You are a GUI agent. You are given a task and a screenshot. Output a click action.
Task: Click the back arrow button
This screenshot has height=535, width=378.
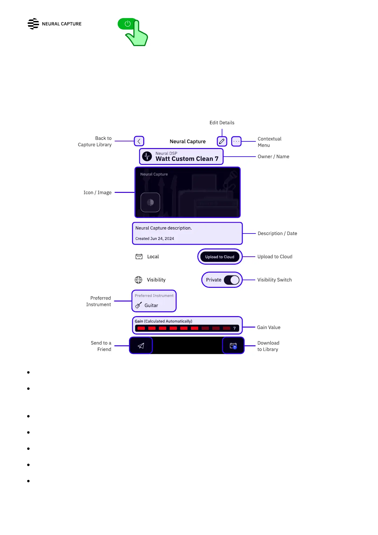(x=139, y=141)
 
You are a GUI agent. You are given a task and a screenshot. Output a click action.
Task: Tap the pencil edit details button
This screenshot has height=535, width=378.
(x=222, y=141)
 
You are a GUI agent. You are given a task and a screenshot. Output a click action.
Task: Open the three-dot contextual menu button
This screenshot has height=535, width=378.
(x=236, y=141)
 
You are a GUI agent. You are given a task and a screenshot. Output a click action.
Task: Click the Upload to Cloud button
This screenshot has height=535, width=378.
(x=220, y=257)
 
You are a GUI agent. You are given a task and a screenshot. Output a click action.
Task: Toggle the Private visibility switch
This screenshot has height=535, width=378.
(x=232, y=280)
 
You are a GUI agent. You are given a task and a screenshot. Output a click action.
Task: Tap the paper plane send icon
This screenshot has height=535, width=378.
(x=141, y=346)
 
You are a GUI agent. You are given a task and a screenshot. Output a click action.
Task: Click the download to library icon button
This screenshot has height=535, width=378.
(x=233, y=346)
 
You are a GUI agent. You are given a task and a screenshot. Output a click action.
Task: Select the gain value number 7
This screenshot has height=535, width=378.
(x=234, y=328)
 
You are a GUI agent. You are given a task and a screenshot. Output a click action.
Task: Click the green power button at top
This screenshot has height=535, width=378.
(x=128, y=24)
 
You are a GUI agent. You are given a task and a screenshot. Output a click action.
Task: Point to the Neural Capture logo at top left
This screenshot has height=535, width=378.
(x=33, y=24)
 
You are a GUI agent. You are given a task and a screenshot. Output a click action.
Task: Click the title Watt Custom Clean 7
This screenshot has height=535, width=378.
(x=187, y=159)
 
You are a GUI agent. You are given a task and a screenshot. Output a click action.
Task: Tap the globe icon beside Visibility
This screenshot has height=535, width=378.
(x=138, y=280)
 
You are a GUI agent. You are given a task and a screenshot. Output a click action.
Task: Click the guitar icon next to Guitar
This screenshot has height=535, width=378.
(x=138, y=305)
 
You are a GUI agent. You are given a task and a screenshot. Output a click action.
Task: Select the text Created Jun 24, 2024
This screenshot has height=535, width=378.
(x=155, y=239)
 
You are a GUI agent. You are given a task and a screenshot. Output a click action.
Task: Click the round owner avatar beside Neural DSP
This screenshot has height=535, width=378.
(x=147, y=156)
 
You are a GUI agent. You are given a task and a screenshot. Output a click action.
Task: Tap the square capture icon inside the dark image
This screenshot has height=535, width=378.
(x=150, y=202)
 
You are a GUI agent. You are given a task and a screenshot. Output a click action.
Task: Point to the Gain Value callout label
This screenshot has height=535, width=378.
(x=269, y=328)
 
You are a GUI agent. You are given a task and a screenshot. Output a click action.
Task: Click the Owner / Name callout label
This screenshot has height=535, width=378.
(x=273, y=157)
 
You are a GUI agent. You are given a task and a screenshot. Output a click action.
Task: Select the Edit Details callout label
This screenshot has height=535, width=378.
(x=222, y=123)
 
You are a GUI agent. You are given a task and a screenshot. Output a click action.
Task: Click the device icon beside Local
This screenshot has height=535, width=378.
(x=139, y=257)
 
